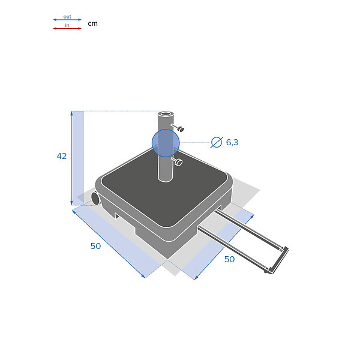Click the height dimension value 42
pos(62,156)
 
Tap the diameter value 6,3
pos(232,142)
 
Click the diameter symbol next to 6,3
pos(217,142)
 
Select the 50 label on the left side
pos(96,246)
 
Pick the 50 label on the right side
pos(229,259)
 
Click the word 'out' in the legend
pos(67,17)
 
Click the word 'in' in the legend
pos(67,25)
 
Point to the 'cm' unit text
pos(93,23)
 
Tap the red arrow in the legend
pos(67,28)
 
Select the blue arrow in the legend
pos(67,20)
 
